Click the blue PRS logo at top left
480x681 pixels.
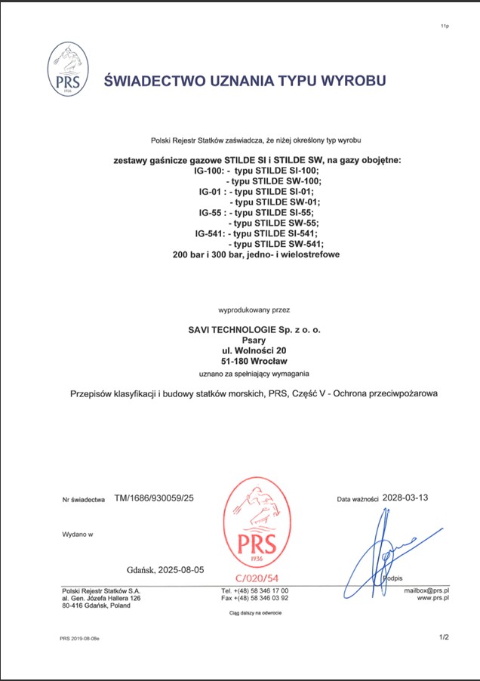[x=63, y=69]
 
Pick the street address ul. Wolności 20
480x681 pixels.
[x=253, y=350]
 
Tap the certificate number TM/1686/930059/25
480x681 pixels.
[x=154, y=499]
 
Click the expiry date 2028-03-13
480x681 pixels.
[x=405, y=498]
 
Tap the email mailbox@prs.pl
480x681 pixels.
[x=426, y=590]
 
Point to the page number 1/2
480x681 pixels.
[x=444, y=638]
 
